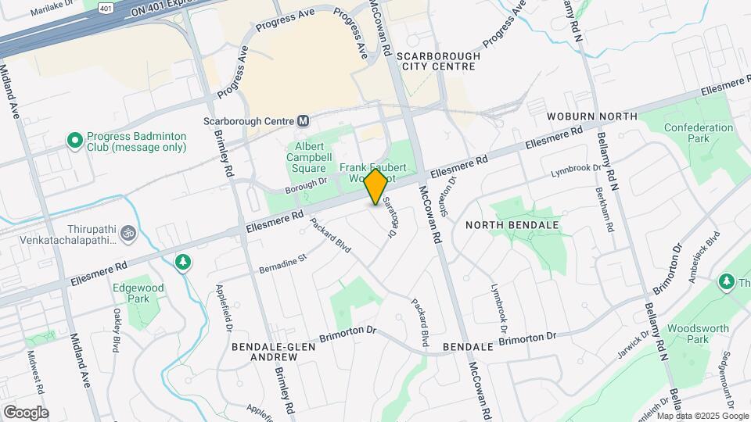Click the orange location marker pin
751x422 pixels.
pos(376,187)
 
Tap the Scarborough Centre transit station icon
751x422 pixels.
pos(304,121)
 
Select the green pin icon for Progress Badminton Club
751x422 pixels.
pos(75,141)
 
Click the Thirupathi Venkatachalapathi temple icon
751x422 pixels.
pos(124,233)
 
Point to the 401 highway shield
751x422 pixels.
pos(104,7)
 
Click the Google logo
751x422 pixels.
pos(26,413)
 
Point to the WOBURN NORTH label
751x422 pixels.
pos(592,116)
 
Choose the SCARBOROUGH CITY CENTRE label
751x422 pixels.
pos(436,62)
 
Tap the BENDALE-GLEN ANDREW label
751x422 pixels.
pos(265,351)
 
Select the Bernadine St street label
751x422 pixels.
pos(283,262)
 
